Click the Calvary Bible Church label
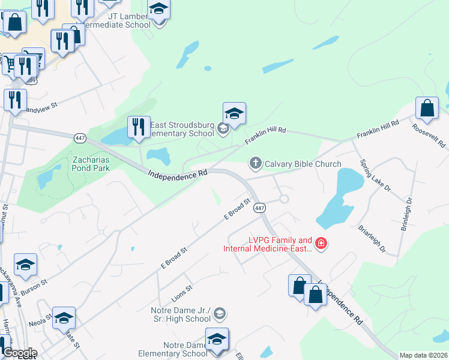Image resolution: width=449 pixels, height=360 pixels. [x=303, y=164]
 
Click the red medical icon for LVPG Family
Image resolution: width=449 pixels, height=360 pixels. [x=321, y=244]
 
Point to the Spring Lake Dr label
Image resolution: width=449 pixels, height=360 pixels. [x=376, y=175]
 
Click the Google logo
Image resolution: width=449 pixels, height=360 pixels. [x=20, y=353]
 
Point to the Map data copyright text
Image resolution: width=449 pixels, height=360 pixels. [x=423, y=355]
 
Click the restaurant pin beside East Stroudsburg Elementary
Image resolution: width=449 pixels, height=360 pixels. [x=139, y=127]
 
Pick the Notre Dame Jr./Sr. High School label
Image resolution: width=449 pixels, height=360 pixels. [x=181, y=314]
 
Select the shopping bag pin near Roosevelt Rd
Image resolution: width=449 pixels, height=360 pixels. [x=427, y=109]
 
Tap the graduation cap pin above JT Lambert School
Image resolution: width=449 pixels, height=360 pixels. [x=158, y=9]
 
